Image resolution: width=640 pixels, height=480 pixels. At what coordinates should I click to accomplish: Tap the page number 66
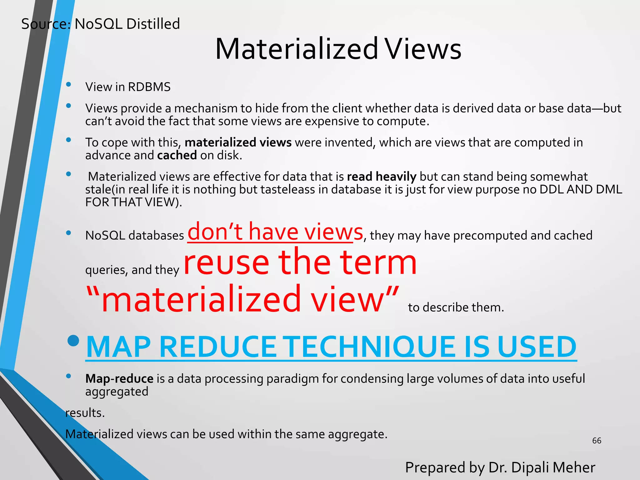[x=597, y=441]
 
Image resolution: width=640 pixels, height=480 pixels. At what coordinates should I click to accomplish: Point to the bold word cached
[x=177, y=155]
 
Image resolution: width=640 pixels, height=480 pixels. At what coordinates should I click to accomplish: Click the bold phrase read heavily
[x=382, y=177]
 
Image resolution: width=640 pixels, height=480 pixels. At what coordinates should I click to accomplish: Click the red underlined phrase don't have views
[x=275, y=232]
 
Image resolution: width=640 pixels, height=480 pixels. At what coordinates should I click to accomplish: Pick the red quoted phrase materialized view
[x=242, y=299]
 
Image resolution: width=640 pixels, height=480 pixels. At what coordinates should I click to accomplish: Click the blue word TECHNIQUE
[x=372, y=347]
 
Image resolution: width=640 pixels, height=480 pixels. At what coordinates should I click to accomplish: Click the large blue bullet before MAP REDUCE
[x=73, y=341]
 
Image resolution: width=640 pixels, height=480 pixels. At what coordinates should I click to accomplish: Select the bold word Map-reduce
[x=119, y=379]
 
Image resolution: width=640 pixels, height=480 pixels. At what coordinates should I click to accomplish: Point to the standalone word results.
[x=85, y=413]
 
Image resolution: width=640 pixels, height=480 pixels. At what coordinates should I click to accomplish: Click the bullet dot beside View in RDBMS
[x=68, y=84]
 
